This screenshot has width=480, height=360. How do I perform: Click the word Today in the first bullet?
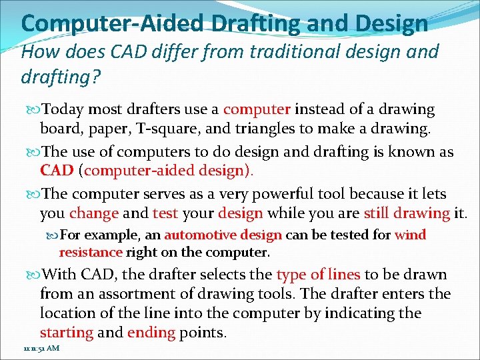[x=63, y=109]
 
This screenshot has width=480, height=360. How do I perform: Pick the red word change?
[x=94, y=213]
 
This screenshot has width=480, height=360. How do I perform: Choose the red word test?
[x=165, y=213]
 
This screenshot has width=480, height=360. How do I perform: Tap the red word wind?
[x=410, y=235]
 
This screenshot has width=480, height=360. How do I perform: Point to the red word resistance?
[x=91, y=253]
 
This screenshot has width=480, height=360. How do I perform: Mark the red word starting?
[x=66, y=332]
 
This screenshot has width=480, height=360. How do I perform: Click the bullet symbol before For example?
[x=53, y=235]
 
